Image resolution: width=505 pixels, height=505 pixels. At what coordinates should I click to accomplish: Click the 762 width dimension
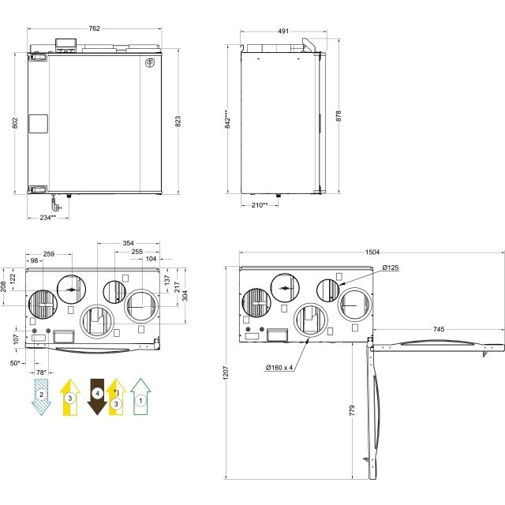tap(95, 28)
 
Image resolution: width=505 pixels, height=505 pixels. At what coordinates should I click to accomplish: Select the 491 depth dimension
tap(283, 32)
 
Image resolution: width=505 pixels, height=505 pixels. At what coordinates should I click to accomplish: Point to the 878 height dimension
tap(339, 116)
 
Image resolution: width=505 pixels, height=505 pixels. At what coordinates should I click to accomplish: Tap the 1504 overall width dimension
tap(372, 252)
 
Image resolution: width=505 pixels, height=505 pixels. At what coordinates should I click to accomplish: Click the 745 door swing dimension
tap(439, 329)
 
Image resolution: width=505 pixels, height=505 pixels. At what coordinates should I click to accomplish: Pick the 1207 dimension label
tap(226, 372)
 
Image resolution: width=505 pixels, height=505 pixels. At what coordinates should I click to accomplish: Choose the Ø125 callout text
tap(391, 267)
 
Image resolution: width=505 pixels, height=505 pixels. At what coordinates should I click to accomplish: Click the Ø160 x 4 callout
tap(279, 368)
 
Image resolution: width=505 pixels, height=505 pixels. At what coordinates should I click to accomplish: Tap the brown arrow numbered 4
tap(97, 396)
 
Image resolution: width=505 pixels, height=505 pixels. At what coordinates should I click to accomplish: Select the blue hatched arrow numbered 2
tap(41, 397)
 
